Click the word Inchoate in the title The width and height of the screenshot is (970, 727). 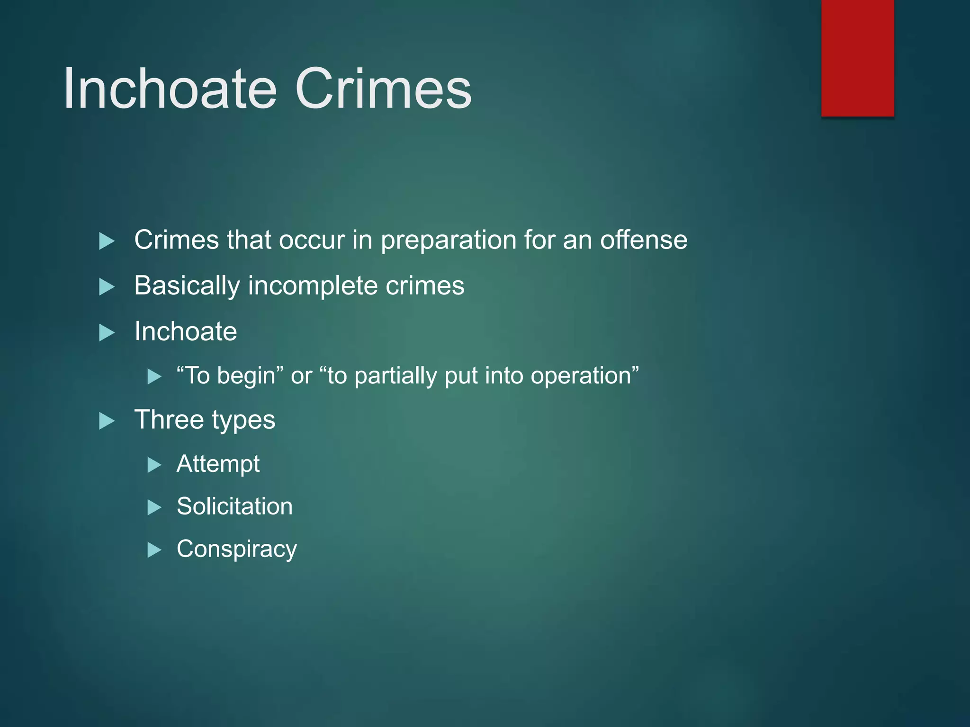[x=170, y=89]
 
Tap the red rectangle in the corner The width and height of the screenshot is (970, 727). [x=857, y=58]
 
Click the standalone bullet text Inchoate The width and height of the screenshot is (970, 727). [x=185, y=331]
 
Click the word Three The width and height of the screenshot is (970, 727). [x=168, y=420]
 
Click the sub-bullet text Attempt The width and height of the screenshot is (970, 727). [x=218, y=464]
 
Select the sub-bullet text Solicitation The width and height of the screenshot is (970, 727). [x=234, y=506]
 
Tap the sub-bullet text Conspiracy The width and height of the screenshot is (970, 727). [x=236, y=550]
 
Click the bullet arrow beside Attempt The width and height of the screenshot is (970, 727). [x=154, y=465]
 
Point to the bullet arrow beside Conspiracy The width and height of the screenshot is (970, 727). [x=154, y=550]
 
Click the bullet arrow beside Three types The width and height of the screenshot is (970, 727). [x=107, y=421]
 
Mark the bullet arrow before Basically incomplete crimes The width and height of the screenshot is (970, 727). [x=107, y=287]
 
